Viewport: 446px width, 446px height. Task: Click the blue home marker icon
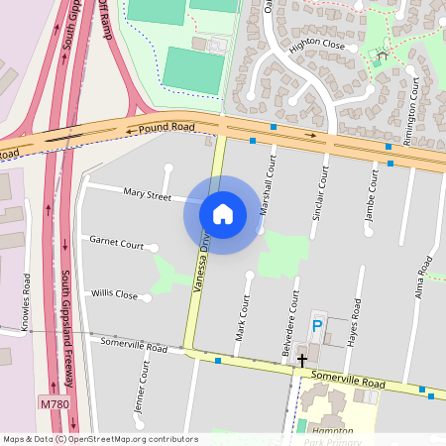point(223,213)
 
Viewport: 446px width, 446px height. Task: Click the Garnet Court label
point(117,242)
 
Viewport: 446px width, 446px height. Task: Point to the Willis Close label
point(115,294)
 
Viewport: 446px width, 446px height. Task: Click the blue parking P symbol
point(317,325)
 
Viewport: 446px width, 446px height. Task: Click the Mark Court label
point(241,318)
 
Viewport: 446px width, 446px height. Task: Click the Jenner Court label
point(139,388)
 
